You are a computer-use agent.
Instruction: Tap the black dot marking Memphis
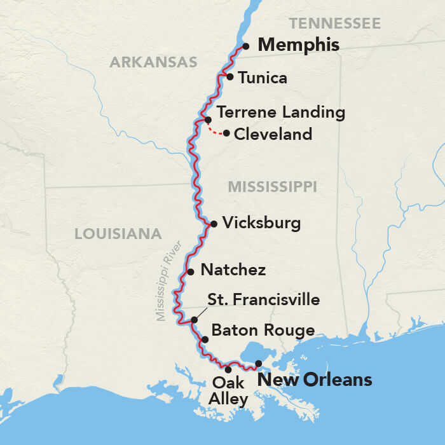246,46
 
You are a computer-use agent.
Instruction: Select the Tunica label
263,78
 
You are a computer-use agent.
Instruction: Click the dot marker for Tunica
230,77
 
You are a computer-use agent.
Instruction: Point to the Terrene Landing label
280,113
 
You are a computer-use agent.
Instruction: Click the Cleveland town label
273,134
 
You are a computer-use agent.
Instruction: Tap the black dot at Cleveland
226,133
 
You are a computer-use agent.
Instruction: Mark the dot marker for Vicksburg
214,224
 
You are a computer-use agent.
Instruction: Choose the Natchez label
233,270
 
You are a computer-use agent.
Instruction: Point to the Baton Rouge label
263,331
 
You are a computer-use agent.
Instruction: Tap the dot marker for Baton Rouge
205,339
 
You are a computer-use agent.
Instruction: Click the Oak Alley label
229,391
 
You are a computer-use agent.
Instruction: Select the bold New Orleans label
313,380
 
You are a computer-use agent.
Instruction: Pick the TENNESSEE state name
334,24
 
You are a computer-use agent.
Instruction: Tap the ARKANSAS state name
153,62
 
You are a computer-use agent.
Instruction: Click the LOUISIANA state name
118,234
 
